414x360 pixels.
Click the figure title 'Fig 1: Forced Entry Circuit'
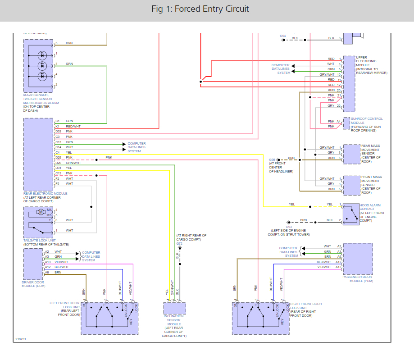click(x=207, y=9)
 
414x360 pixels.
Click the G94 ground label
click(x=283, y=36)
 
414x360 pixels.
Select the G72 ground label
click(x=179, y=243)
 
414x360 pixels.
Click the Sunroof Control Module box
click(x=346, y=123)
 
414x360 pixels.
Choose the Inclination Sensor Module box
click(x=174, y=308)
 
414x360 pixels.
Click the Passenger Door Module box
click(x=358, y=259)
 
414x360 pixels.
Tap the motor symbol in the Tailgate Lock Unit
click(x=40, y=212)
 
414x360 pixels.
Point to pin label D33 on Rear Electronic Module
click(x=59, y=132)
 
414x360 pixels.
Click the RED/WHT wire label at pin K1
click(x=73, y=127)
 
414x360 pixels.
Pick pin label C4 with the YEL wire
click(x=58, y=152)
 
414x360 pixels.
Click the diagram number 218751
click(x=20, y=339)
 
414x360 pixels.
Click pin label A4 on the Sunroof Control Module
click(x=338, y=121)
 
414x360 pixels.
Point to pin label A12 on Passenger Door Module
click(x=338, y=262)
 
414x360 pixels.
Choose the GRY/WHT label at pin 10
click(x=327, y=74)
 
